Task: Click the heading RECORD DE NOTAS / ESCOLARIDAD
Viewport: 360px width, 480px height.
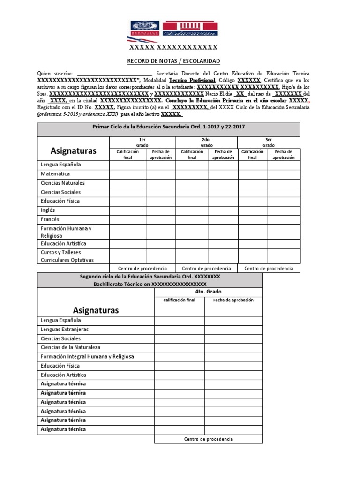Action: [x=173, y=61]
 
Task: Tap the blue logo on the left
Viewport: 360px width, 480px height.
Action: [x=145, y=29]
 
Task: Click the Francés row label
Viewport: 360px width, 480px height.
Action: [x=50, y=219]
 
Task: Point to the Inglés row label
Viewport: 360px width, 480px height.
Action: [x=48, y=210]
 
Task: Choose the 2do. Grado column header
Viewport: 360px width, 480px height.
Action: [x=206, y=142]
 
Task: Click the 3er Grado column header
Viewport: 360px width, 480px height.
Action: [x=269, y=142]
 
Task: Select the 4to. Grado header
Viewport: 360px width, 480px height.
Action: [x=208, y=291]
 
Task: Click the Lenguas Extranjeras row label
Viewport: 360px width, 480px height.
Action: [x=64, y=330]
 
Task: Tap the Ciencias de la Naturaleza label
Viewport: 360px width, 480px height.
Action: [x=70, y=347]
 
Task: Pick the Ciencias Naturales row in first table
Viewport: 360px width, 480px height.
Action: [x=63, y=183]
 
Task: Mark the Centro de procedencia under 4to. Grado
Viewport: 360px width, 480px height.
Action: [x=208, y=439]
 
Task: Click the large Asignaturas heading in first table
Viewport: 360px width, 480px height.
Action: [x=73, y=150]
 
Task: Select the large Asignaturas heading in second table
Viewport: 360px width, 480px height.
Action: [x=96, y=310]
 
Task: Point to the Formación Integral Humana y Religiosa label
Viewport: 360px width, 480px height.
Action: [x=87, y=356]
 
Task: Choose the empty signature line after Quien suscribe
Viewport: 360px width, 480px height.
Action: [x=114, y=74]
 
